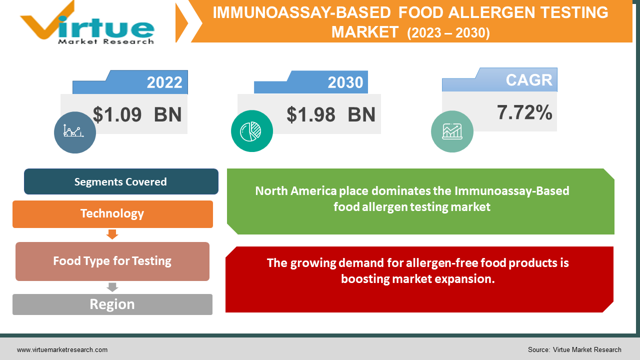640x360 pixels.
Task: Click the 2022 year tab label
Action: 164,82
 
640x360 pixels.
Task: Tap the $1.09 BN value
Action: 137,115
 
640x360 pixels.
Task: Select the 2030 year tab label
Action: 345,82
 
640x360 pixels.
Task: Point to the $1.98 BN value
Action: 330,115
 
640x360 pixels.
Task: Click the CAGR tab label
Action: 528,80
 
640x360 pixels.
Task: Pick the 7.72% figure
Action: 524,112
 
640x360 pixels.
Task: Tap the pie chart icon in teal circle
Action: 251,131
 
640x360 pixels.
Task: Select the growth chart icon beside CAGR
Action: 452,131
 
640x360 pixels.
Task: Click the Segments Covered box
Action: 121,181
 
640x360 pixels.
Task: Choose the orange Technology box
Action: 112,214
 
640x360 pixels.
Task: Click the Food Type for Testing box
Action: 112,261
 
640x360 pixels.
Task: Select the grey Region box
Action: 112,304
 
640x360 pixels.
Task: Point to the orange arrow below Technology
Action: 112,234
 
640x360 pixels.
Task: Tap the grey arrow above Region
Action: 112,287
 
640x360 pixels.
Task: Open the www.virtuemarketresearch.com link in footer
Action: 62,350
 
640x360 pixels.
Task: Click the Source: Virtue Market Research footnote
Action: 574,350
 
